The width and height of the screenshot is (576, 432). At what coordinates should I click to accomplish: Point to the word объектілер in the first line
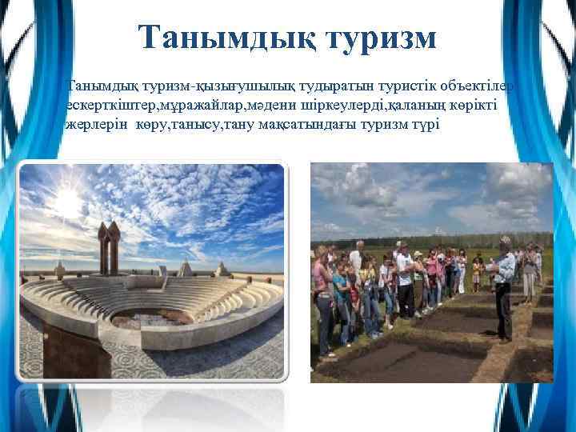[480, 86]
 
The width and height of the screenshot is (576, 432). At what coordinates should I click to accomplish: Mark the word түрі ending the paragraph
[426, 126]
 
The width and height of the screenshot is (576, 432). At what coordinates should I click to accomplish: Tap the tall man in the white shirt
[406, 280]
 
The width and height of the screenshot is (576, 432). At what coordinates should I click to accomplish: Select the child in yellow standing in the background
[477, 273]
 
